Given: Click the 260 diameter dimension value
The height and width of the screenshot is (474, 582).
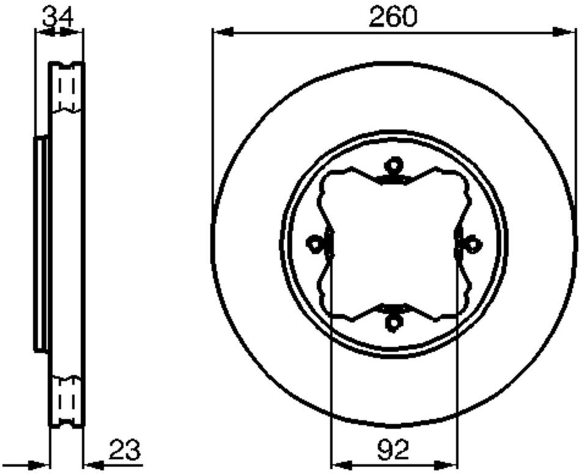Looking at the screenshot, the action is tap(393, 16).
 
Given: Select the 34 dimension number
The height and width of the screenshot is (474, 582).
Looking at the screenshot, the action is tap(58, 16).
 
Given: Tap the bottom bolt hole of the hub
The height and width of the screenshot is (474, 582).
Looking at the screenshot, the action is tap(394, 323).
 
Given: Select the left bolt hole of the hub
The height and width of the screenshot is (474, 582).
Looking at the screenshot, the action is tap(314, 244).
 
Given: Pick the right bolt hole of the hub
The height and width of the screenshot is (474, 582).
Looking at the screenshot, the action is tap(473, 244).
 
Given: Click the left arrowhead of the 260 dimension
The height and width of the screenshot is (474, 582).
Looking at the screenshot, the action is tap(222, 32).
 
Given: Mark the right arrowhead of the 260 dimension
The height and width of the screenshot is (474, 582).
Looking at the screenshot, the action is tap(564, 32).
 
